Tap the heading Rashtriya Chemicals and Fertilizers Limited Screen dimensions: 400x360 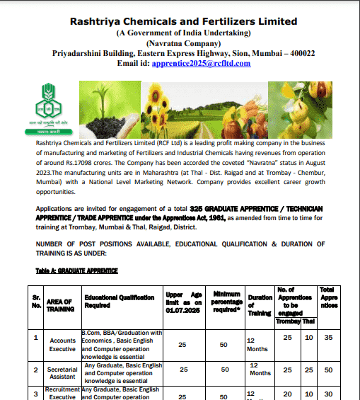pyautogui.click(x=184, y=21)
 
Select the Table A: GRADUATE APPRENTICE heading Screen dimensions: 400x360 pyautogui.click(x=76, y=271)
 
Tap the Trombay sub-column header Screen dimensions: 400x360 pyautogui.click(x=287, y=319)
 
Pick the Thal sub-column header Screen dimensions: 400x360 pyautogui.click(x=308, y=319)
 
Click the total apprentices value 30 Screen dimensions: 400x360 pyautogui.click(x=327, y=394)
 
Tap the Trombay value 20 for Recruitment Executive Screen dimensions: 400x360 pyautogui.click(x=287, y=394)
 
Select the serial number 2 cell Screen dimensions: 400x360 pyautogui.click(x=36, y=369)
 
